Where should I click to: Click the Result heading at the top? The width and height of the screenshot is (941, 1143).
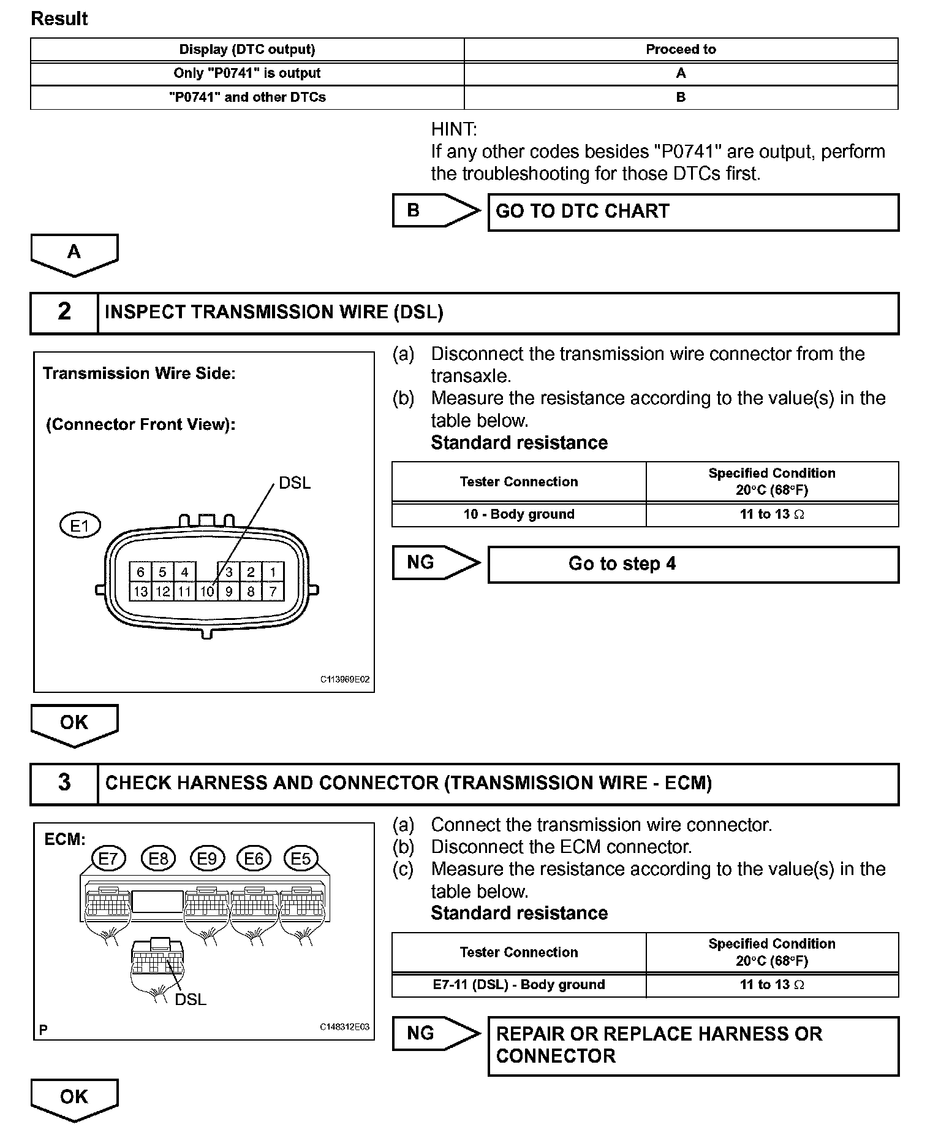(x=59, y=19)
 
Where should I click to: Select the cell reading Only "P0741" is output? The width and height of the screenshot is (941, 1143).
(x=247, y=73)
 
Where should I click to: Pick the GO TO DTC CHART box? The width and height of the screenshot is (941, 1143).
(x=693, y=212)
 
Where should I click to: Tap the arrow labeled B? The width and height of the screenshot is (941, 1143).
(x=436, y=210)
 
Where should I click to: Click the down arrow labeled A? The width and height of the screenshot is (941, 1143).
(x=74, y=253)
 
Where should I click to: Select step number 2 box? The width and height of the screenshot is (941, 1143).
(x=64, y=312)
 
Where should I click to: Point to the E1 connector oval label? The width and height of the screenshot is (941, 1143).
(x=80, y=526)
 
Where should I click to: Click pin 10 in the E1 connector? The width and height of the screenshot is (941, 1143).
(x=207, y=592)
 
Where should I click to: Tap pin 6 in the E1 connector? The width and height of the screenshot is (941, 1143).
(x=140, y=572)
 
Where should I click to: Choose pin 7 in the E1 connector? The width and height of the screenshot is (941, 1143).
(x=273, y=592)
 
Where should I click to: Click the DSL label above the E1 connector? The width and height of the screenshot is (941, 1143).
(x=295, y=483)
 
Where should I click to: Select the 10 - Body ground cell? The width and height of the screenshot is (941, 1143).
(x=518, y=514)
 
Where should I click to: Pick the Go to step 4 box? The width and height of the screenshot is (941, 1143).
(x=693, y=564)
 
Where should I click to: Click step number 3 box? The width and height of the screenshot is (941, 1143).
(x=64, y=783)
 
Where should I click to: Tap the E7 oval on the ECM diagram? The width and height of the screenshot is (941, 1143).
(x=108, y=858)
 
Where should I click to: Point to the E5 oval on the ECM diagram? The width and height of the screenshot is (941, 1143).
(x=300, y=858)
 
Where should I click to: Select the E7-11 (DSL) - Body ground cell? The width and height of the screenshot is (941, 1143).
(x=518, y=985)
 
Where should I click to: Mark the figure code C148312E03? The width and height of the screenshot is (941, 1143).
(x=344, y=1027)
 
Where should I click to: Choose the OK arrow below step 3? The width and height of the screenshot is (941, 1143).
(x=74, y=1098)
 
